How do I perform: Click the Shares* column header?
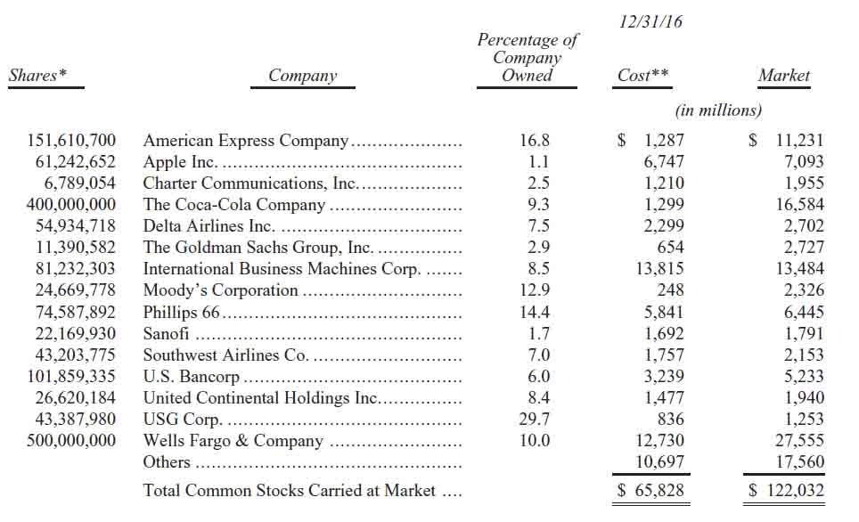[x=37, y=76]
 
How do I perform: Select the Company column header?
[x=303, y=76]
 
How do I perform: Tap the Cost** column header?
[x=642, y=76]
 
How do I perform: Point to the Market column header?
[x=783, y=76]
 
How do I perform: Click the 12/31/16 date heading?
[x=650, y=21]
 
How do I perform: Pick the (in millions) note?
[x=718, y=110]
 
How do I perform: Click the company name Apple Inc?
[x=181, y=162]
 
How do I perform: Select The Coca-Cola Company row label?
[x=234, y=205]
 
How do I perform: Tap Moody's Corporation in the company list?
[x=220, y=290]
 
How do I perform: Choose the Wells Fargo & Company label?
[x=233, y=441]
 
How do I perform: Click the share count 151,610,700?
[x=72, y=141]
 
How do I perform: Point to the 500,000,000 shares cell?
[x=72, y=441]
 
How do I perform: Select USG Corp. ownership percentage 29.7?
[x=535, y=420]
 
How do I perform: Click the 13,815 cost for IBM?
[x=659, y=269]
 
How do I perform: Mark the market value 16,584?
[x=798, y=205]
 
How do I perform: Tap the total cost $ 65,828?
[x=651, y=490]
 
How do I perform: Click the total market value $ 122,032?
[x=787, y=490]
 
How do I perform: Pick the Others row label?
[x=167, y=462]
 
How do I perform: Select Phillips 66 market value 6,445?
[x=802, y=313]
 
